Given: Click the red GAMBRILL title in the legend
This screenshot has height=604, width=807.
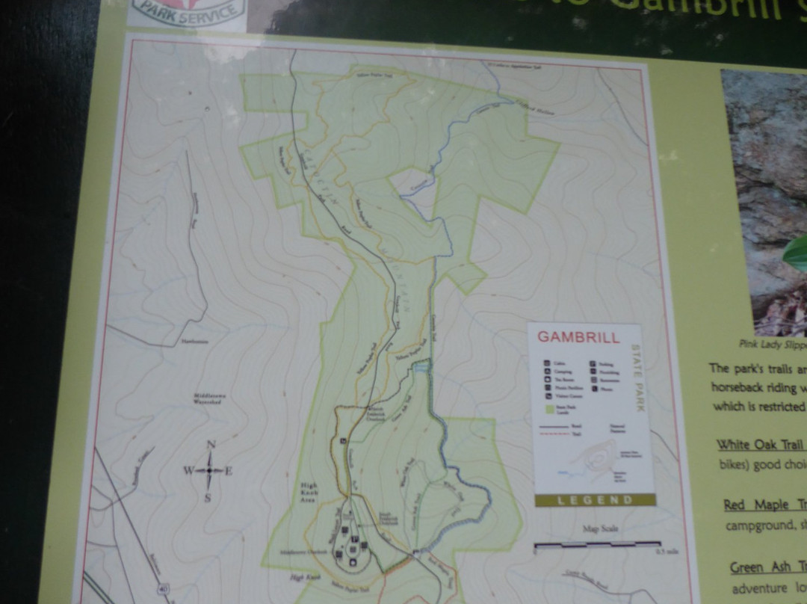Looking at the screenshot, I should click(579, 337).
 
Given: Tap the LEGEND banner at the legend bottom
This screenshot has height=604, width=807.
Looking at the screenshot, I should click(595, 499).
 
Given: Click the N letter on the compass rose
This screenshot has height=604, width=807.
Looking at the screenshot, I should click(211, 445).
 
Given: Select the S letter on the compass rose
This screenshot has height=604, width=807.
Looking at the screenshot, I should click(208, 497).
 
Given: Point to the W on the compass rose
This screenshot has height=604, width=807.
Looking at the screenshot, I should click(188, 471).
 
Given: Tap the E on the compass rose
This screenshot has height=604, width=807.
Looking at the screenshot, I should click(229, 471).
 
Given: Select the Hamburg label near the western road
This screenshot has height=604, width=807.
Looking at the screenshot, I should click(192, 342).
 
